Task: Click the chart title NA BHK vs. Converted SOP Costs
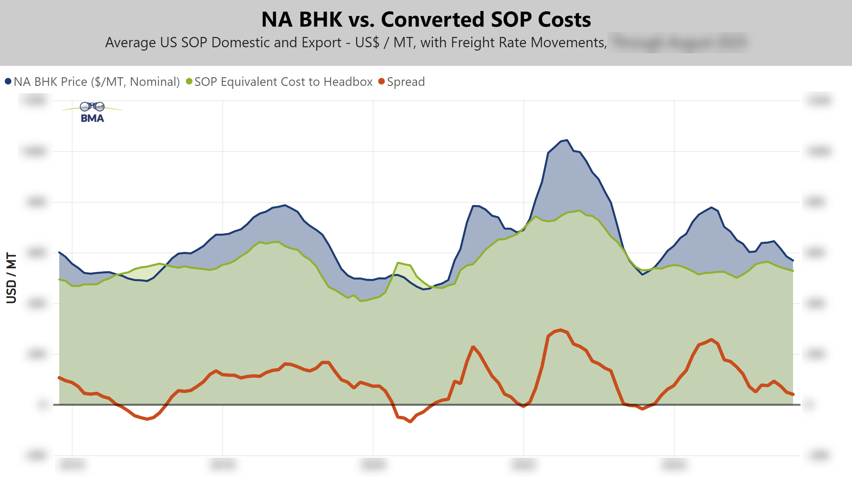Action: [x=426, y=19]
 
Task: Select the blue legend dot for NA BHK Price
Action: [x=8, y=82]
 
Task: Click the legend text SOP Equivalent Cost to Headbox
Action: [x=283, y=82]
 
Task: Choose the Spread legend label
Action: [x=406, y=82]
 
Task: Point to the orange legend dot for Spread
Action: [x=381, y=82]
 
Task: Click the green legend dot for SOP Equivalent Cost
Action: [x=189, y=82]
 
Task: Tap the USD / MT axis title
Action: [x=11, y=278]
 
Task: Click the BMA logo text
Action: [x=93, y=118]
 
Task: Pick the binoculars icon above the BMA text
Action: [x=92, y=107]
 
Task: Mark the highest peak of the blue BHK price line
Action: [x=567, y=140]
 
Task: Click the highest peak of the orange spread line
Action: [x=561, y=330]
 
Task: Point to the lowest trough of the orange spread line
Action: [x=410, y=422]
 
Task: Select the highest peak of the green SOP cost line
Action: [x=580, y=210]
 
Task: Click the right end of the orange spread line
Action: [x=793, y=394]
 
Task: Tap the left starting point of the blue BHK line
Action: [x=59, y=252]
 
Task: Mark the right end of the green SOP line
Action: [x=793, y=271]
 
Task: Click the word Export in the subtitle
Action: [x=321, y=43]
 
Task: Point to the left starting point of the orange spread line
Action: [x=59, y=377]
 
